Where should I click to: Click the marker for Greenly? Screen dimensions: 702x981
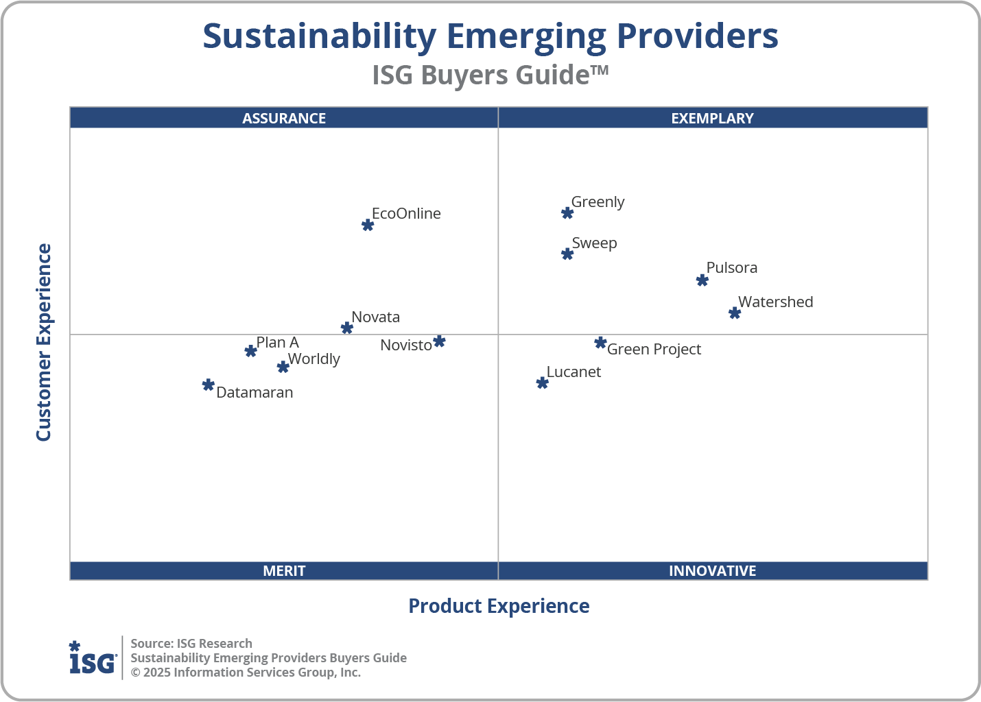coord(567,213)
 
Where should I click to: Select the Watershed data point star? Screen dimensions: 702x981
coord(735,313)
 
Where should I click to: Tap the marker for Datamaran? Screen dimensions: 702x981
coord(209,385)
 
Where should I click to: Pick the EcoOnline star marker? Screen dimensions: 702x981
coord(368,225)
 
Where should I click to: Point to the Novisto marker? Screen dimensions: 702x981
coord(439,341)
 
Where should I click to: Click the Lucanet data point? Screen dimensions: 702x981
coord(543,383)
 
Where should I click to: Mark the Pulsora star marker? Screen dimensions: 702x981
coord(702,280)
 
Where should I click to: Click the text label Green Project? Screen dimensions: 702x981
coord(654,350)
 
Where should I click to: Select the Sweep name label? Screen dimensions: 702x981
coord(594,243)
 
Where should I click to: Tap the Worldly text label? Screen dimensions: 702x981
coord(314,359)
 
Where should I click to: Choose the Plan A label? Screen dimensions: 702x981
coord(277,343)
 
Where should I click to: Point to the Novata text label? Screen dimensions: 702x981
coord(375,317)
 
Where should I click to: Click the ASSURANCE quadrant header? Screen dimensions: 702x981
coord(284,118)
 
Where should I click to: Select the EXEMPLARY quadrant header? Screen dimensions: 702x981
coord(712,118)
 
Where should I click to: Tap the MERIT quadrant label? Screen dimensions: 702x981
coord(284,571)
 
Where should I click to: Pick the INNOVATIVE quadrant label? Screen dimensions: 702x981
coord(712,571)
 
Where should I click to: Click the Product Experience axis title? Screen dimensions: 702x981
coord(499,606)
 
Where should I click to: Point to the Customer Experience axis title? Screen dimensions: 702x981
coord(44,343)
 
